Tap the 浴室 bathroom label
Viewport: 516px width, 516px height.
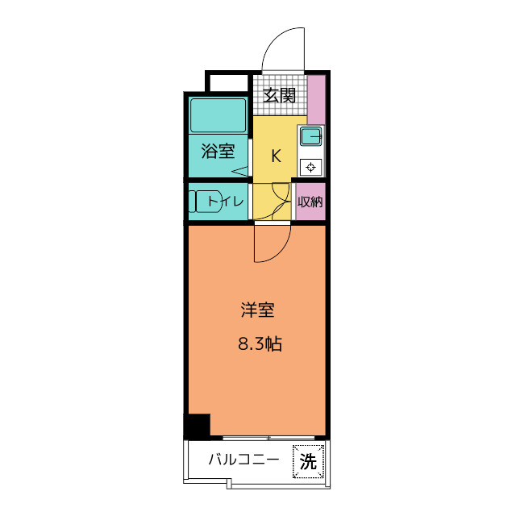pos(218,151)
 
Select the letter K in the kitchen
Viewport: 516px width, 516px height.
pos(275,156)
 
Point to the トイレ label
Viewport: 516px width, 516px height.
pos(225,202)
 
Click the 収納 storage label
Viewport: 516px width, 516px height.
pos(310,202)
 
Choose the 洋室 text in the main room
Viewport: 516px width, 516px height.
pos(258,309)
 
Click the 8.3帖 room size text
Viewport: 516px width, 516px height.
pos(259,344)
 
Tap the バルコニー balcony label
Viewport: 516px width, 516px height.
pos(243,460)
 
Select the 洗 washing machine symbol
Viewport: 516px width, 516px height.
pos(308,462)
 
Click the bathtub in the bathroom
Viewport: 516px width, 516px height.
pos(218,115)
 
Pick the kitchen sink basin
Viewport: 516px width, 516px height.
pos(311,136)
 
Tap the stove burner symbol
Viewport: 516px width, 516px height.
pos(311,167)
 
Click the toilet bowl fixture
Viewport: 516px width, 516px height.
pos(202,202)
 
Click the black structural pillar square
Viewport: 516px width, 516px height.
pos(198,425)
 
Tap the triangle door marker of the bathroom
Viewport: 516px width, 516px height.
pos(241,170)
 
